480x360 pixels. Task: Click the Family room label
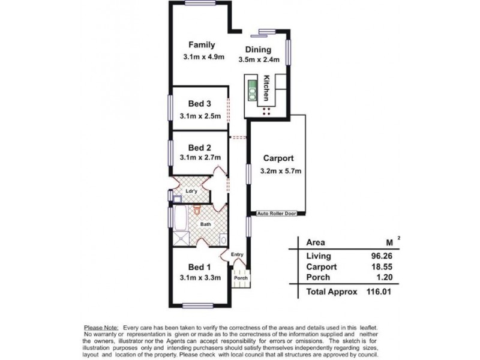point(202,45)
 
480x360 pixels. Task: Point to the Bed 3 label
point(200,104)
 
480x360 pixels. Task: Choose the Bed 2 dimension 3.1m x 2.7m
point(201,158)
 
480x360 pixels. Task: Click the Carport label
point(278,159)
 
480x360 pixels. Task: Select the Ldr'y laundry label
point(191,191)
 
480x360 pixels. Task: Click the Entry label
point(237,254)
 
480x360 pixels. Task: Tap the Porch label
point(241,278)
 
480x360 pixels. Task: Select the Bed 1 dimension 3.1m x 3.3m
point(201,277)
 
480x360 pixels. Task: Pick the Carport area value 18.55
point(377,266)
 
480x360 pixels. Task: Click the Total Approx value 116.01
point(376,292)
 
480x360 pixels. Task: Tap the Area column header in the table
point(316,242)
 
